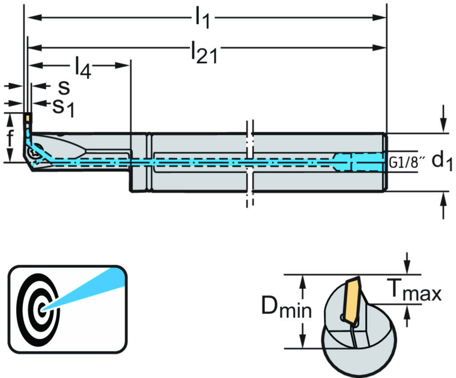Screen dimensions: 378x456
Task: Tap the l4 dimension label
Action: tap(83, 69)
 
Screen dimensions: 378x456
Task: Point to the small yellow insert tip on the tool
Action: tap(28, 119)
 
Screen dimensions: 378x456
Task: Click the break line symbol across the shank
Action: tap(250, 163)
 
